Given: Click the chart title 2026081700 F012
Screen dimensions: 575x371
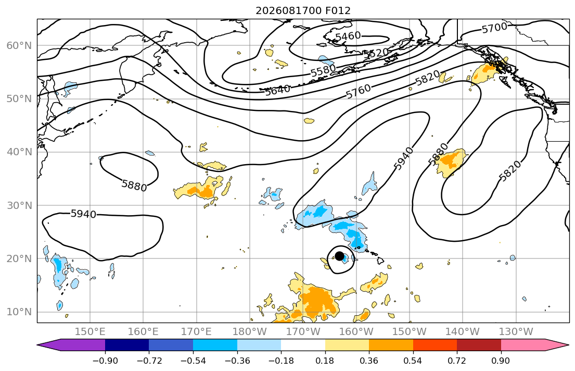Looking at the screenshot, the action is point(303,10).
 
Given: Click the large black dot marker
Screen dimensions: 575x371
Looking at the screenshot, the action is point(340,256).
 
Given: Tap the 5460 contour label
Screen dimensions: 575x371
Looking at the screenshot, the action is point(348,36).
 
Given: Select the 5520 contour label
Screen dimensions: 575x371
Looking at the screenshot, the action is point(375,53).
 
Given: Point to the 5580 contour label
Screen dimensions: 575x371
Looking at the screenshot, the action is point(323,70).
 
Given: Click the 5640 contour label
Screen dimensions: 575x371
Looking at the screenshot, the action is point(277,90).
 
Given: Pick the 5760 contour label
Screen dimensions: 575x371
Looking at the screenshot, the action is point(359,91).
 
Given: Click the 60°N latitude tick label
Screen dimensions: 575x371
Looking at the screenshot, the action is point(19,45).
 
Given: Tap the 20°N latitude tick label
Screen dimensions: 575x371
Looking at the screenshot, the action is point(19,258).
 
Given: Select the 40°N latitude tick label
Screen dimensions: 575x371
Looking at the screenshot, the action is point(19,152).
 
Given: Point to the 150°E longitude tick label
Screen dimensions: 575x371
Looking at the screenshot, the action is point(90,332).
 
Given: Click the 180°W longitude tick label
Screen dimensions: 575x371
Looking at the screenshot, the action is point(250,332).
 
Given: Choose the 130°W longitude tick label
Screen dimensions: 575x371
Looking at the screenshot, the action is point(516,332).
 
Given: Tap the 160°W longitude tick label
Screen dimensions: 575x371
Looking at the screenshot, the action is point(356,332).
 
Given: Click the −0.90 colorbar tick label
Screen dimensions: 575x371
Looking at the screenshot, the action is point(105,361).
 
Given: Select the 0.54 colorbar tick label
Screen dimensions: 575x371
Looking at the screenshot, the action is point(413,361).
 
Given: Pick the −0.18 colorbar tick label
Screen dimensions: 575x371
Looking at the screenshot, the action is point(281,361).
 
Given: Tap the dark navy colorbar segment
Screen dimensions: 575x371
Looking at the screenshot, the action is point(127,345).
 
